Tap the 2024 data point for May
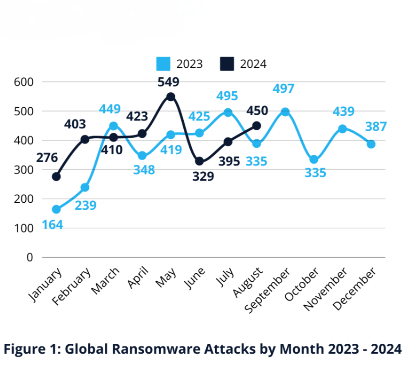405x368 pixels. pos(171,96)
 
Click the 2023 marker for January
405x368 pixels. pos(56,209)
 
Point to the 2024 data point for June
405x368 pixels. pos(199,161)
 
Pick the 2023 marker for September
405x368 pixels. pos(285,112)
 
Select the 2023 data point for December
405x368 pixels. pos(371,144)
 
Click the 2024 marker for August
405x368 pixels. pos(256,126)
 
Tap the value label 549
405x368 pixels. pos(168,82)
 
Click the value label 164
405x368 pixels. pos(52,224)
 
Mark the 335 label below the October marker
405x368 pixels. pos(315,173)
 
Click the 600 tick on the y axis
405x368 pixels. pos(24,82)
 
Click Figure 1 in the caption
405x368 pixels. pos(30,350)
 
